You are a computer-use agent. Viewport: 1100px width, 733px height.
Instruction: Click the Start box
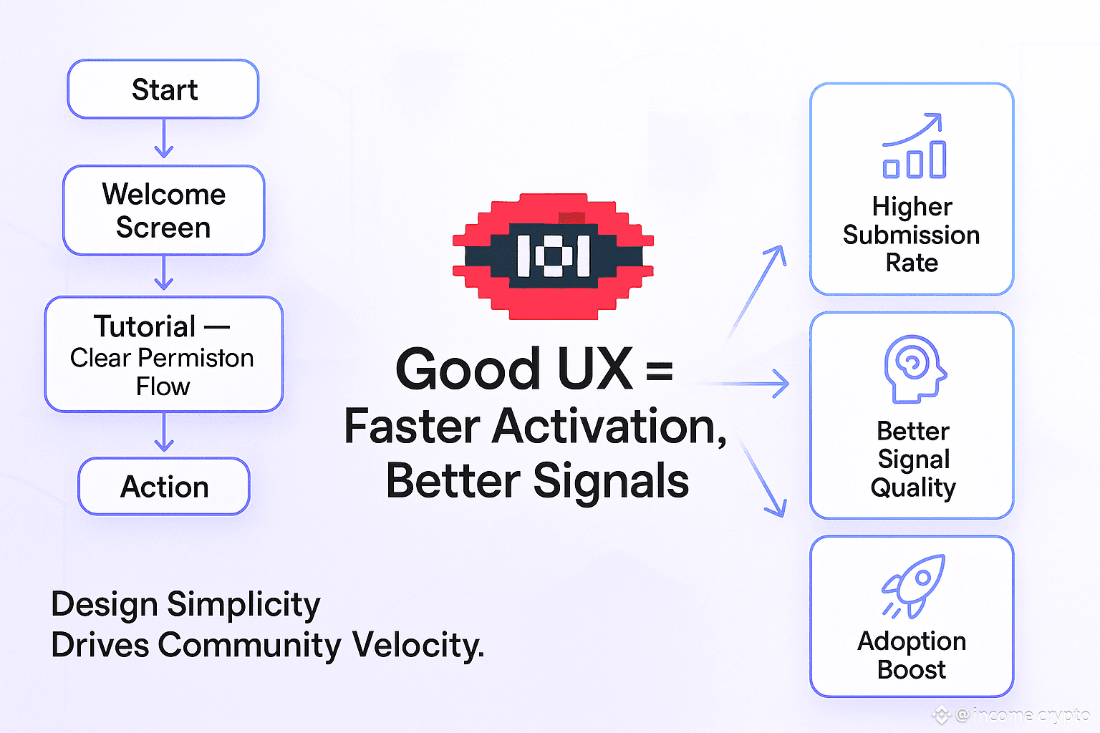163,89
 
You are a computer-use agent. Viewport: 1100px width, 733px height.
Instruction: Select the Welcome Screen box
163,210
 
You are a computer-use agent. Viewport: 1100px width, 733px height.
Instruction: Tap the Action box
164,487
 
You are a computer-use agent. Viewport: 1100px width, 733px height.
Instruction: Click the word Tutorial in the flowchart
145,326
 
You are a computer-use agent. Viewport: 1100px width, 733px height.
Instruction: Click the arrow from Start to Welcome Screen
164,139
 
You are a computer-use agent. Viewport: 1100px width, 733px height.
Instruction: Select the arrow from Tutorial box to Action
164,432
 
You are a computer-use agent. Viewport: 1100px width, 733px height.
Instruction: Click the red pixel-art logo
552,256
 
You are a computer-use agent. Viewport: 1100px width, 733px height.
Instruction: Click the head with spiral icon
914,368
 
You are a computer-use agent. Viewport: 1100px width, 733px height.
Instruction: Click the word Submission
911,235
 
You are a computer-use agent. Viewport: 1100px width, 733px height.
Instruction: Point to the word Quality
913,488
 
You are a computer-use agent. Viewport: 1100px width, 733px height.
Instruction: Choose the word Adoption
912,641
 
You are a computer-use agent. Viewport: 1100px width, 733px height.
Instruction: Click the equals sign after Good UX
659,371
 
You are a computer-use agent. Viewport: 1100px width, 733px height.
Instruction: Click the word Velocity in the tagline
418,645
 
